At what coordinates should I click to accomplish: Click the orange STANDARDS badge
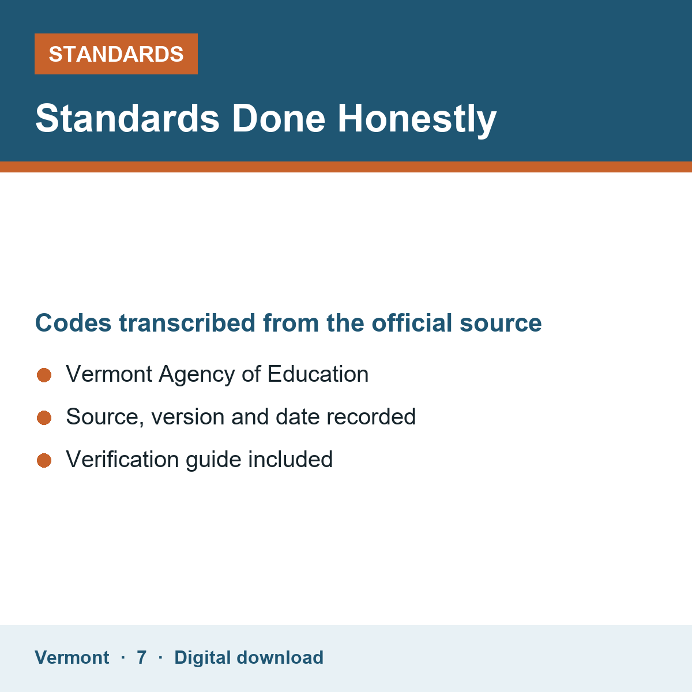pyautogui.click(x=116, y=54)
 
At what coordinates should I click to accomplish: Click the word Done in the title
pyautogui.click(x=279, y=119)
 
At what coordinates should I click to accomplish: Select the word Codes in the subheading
pyautogui.click(x=73, y=323)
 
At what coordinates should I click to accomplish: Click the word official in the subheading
pyautogui.click(x=412, y=322)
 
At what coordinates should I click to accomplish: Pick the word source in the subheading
pyautogui.click(x=501, y=325)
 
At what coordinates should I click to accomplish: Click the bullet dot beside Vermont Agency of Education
pyautogui.click(x=44, y=375)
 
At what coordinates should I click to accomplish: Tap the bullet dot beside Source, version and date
pyautogui.click(x=44, y=418)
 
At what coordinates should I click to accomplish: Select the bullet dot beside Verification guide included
pyautogui.click(x=44, y=461)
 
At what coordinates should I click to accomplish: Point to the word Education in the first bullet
pyautogui.click(x=318, y=374)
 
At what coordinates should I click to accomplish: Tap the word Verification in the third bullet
pyautogui.click(x=122, y=459)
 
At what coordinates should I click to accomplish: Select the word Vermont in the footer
pyautogui.click(x=72, y=657)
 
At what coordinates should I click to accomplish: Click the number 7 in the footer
pyautogui.click(x=141, y=657)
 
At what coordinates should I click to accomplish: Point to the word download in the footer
pyautogui.click(x=280, y=657)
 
